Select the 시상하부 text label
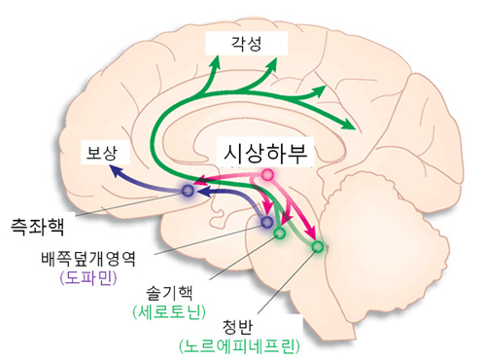pyautogui.click(x=265, y=153)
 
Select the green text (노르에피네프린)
pyautogui.click(x=236, y=345)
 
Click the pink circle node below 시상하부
pyautogui.click(x=268, y=175)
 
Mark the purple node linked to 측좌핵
pyautogui.click(x=188, y=191)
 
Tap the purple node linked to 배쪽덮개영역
pyautogui.click(x=266, y=222)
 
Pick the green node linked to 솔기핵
pyautogui.click(x=280, y=234)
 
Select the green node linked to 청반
pyautogui.click(x=317, y=247)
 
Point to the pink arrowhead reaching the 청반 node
pyautogui.click(x=311, y=235)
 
